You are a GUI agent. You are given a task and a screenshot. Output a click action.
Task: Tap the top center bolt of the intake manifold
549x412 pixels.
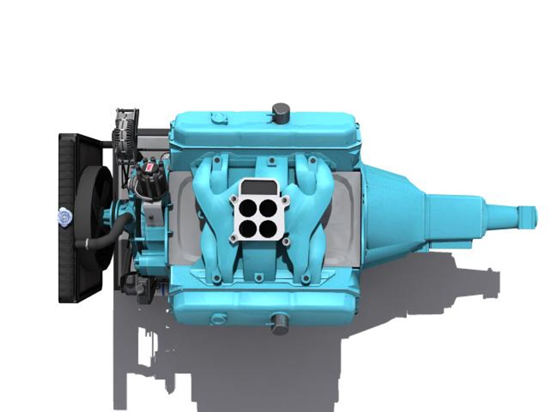coord(271,161)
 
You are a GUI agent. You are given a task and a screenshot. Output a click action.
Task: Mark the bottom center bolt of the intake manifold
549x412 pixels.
coord(258,277)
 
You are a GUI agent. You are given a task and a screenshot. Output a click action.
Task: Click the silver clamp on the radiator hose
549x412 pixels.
coord(87,243)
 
